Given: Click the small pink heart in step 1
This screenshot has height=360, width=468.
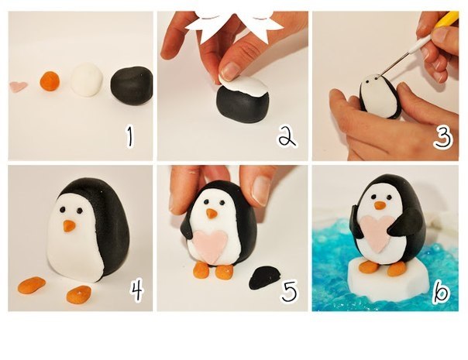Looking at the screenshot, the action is click(19, 87).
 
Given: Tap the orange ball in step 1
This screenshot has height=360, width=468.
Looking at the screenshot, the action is click(50, 81).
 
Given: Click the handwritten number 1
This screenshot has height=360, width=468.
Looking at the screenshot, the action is click(129, 136).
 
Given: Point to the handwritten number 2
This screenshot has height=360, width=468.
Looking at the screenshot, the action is click(287, 136).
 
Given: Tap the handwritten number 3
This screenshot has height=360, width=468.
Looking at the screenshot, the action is click(443, 138).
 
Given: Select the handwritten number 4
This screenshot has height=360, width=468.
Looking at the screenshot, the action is click(136, 291).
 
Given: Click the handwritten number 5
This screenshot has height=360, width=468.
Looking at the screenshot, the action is click(289, 290).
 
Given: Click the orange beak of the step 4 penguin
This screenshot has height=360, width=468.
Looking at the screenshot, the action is click(69, 226).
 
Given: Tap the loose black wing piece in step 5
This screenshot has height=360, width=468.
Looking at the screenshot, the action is click(264, 278).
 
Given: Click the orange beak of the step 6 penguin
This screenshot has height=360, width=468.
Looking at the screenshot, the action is click(380, 205).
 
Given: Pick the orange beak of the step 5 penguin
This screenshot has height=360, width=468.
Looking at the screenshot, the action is click(212, 213).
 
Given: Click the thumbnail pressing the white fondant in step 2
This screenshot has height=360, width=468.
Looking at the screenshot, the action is click(231, 71).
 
